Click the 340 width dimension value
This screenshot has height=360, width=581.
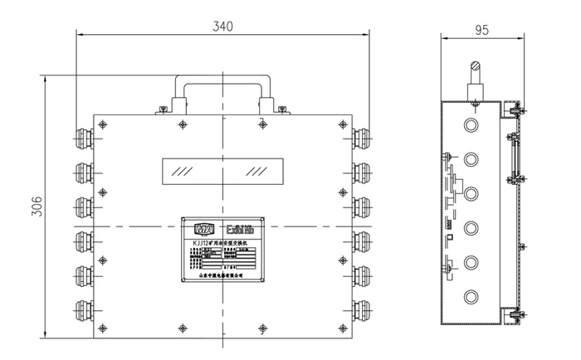pos(222,26)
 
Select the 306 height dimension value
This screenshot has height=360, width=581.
pos(37,208)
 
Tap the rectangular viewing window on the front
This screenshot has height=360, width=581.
pos(222,172)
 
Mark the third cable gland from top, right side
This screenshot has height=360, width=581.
pos(363,203)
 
